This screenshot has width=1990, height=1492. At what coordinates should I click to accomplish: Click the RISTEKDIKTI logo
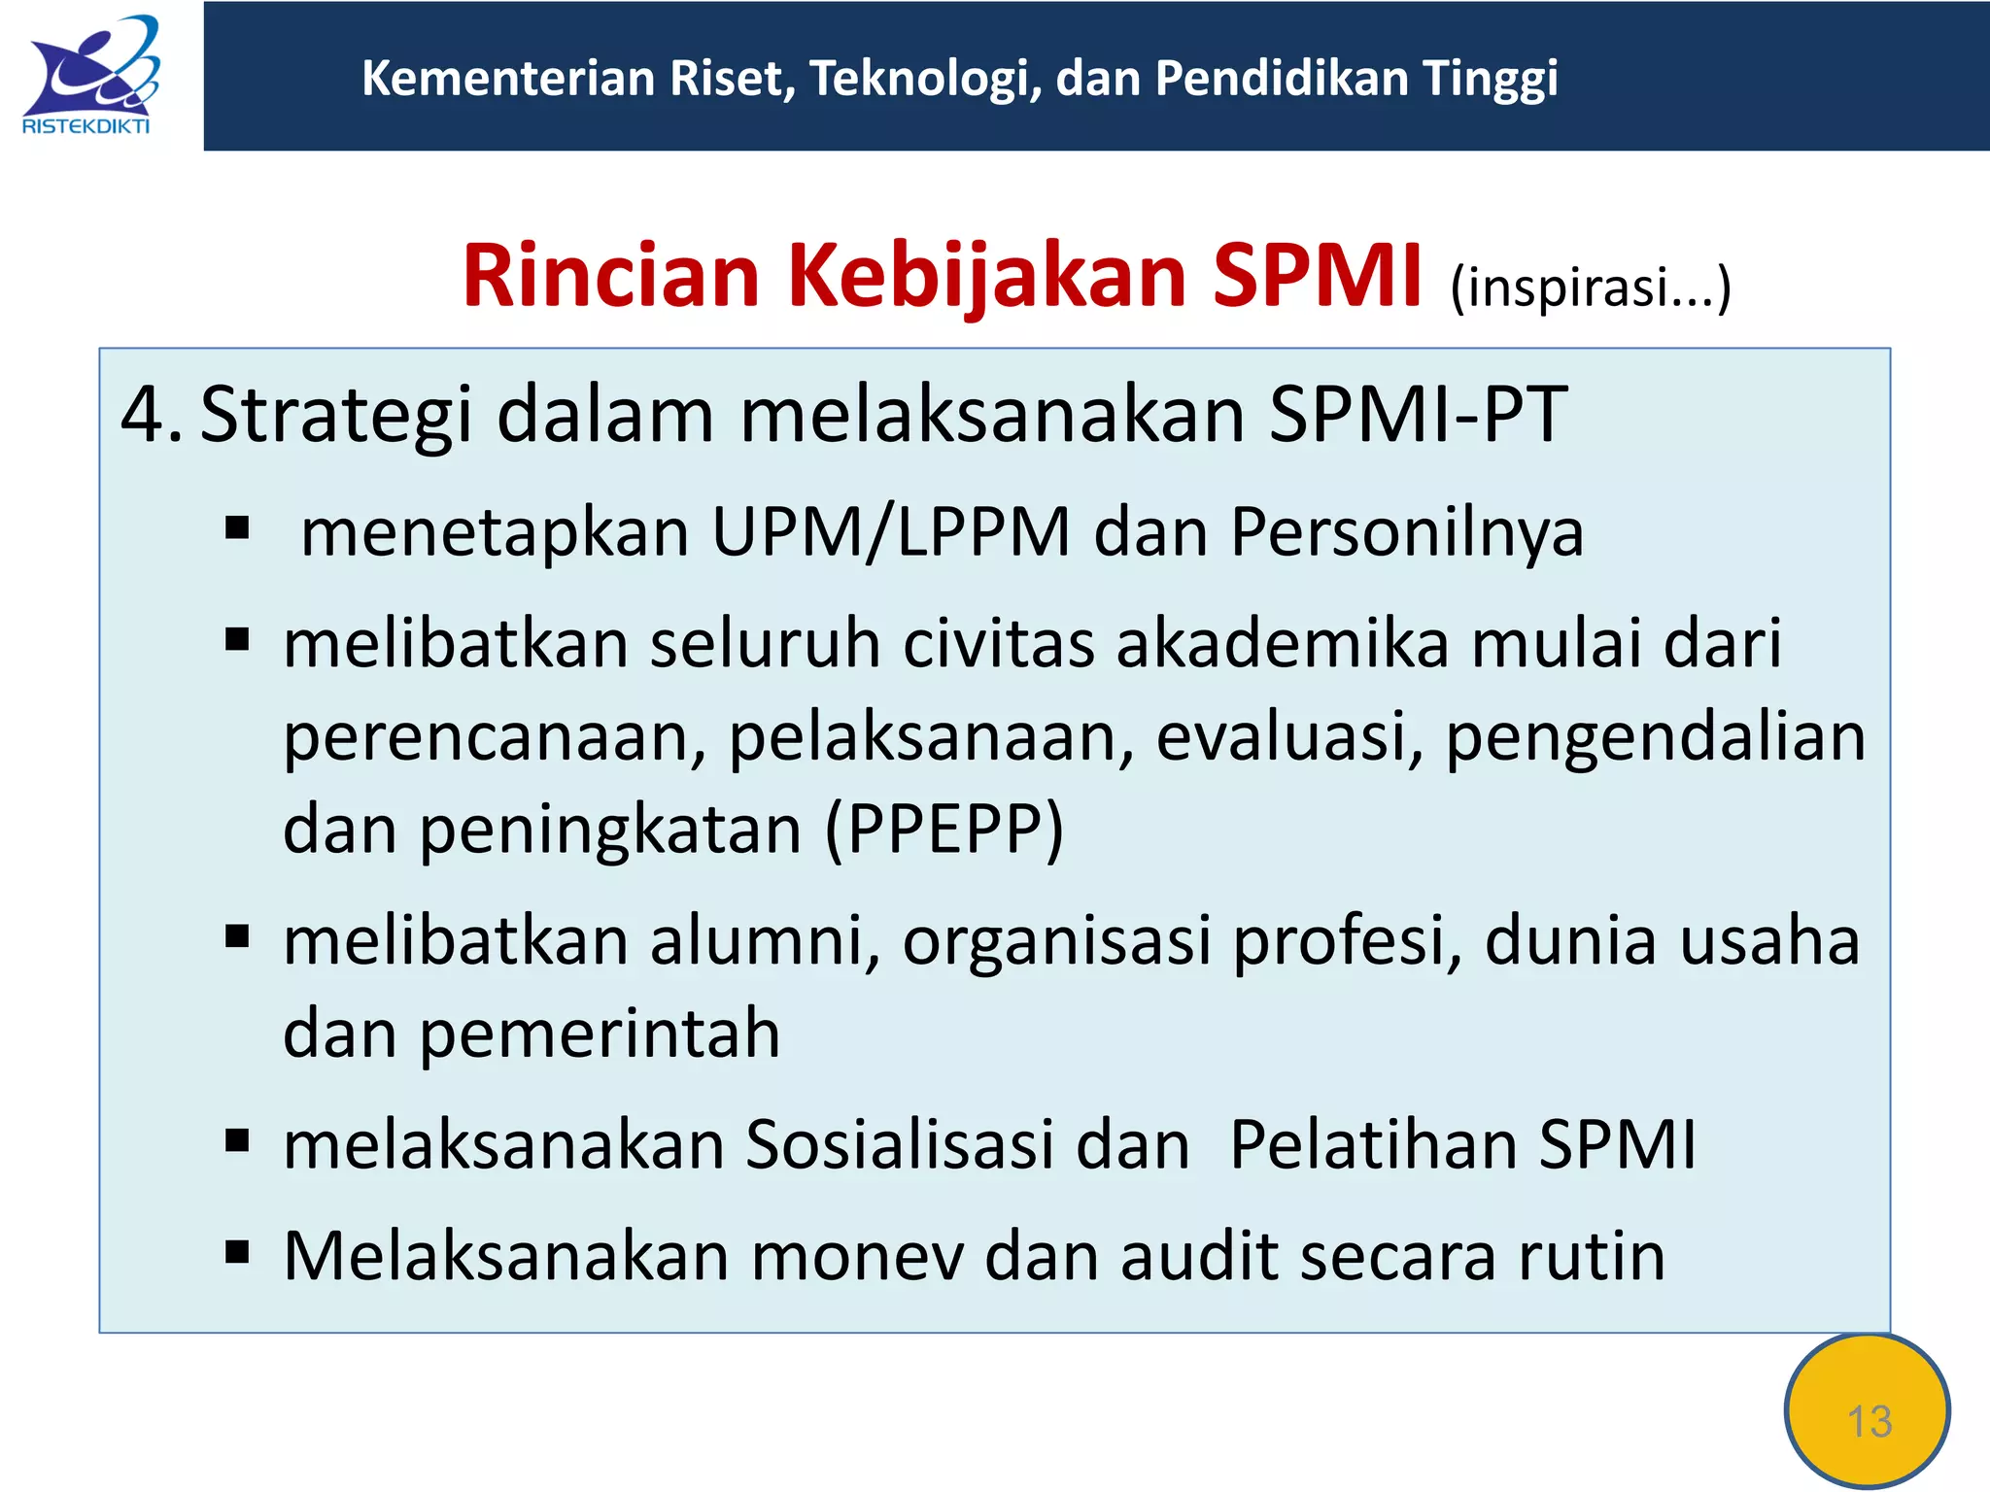point(89,76)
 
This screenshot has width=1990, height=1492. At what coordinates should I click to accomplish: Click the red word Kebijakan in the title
point(986,278)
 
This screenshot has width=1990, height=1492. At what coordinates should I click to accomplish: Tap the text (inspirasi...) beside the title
point(1591,288)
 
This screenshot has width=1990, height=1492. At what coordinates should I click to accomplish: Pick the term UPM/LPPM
point(890,532)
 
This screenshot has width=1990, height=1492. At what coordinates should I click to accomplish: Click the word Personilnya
point(1406,534)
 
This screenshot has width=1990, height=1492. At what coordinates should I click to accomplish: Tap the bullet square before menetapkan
point(237,529)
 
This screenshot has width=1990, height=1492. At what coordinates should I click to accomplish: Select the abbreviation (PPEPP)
point(944,830)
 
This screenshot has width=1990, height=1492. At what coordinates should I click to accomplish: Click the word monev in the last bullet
point(857,1256)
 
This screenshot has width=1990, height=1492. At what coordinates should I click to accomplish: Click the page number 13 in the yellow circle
point(1869,1421)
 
